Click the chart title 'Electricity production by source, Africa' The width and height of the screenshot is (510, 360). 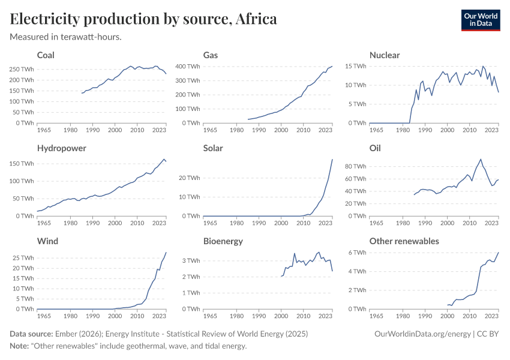[143, 19]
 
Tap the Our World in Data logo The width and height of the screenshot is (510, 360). [480, 19]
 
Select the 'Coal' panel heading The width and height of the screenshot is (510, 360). [46, 55]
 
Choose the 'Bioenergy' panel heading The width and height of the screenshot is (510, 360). [223, 241]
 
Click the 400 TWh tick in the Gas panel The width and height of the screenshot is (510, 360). [187, 66]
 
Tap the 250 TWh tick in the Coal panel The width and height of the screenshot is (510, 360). [21, 70]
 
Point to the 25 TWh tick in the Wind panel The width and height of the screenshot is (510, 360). [22, 258]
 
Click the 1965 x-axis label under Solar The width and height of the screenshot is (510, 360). [210, 223]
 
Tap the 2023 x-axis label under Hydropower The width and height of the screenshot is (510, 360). [159, 223]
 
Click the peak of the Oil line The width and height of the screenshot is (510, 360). [481, 159]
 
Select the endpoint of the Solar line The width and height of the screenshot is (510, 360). [332, 159]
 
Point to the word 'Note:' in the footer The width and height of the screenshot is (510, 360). [20, 346]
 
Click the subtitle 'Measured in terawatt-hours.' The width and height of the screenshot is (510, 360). [65, 37]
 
